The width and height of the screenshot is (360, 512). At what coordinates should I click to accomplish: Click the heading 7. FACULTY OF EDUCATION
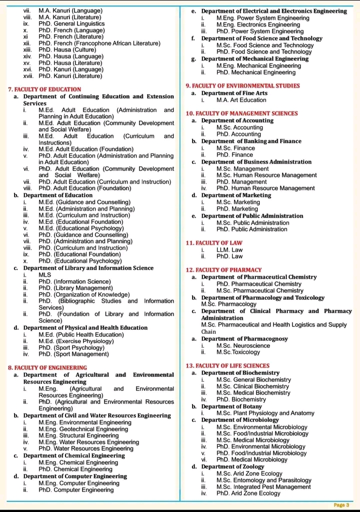point(45,89)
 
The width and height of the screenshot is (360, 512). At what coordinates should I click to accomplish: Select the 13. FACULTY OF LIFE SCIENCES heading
point(227,366)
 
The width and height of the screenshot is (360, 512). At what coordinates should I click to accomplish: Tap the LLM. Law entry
point(229,250)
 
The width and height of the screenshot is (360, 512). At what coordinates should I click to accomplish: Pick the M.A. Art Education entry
point(241,100)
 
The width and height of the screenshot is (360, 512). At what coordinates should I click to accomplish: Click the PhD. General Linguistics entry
point(71,24)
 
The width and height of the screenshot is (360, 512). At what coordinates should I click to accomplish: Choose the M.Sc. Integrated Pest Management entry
point(263,486)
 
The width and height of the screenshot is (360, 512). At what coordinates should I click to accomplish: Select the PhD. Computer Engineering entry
point(76,490)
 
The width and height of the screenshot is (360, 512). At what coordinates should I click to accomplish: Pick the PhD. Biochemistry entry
point(241,399)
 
